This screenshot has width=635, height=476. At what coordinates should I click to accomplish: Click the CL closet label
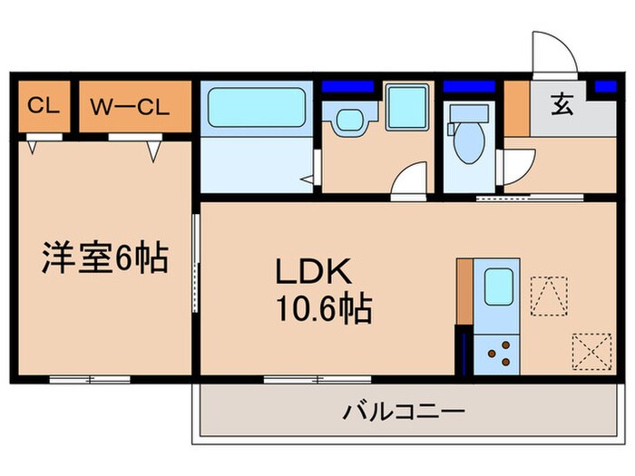[x=43, y=106]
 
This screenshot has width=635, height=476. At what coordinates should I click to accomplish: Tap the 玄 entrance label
[x=562, y=106]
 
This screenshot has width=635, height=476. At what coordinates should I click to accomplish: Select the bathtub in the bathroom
[x=256, y=108]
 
